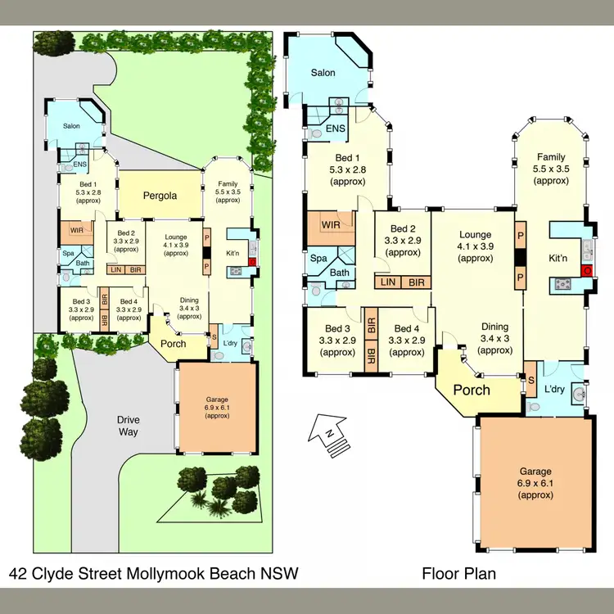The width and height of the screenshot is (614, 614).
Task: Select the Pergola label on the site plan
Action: (x=160, y=196)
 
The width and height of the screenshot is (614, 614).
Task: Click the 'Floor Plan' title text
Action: (x=458, y=574)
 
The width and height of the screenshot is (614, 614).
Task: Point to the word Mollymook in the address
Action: (x=175, y=574)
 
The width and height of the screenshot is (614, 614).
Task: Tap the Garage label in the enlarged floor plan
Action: (x=536, y=472)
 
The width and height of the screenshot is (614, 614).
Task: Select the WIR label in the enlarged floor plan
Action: (x=332, y=224)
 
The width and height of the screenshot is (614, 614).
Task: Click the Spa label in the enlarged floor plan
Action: (x=318, y=258)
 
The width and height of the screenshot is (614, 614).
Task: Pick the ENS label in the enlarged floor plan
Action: (x=335, y=129)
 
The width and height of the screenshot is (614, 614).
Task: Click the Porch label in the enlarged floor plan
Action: (x=472, y=389)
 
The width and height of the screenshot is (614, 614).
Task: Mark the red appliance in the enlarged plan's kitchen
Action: (x=586, y=271)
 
